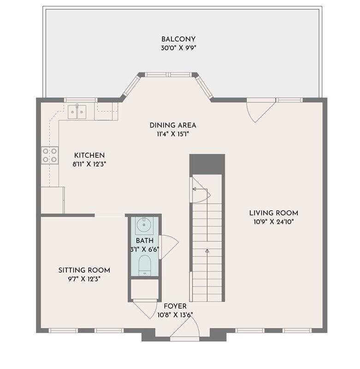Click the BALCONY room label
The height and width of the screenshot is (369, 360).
[x=178, y=39]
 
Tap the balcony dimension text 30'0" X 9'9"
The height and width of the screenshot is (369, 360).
[x=178, y=48]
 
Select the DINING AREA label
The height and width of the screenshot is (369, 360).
[x=173, y=125]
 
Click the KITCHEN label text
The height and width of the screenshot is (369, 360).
[x=89, y=155]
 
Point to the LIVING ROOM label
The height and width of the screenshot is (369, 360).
[x=273, y=213]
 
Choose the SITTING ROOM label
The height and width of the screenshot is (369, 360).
[x=84, y=270]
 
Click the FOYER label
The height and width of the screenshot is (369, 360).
[x=175, y=306]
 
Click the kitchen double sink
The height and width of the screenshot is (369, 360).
[x=77, y=111]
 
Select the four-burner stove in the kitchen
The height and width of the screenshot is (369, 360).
[x=50, y=155]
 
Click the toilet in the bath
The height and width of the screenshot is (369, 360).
[x=145, y=265]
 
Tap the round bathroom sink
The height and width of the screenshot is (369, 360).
[x=145, y=225]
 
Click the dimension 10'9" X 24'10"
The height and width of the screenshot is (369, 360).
[x=271, y=222]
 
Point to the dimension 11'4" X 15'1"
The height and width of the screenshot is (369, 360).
[x=173, y=134]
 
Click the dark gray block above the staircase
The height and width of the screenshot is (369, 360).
[x=207, y=164]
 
